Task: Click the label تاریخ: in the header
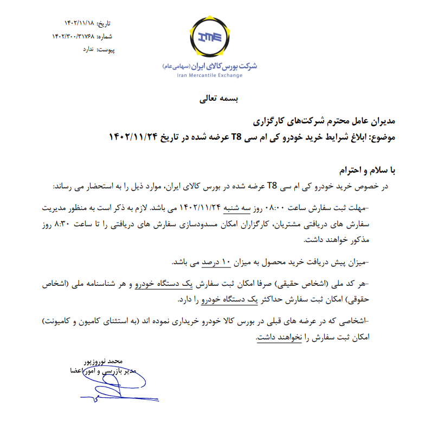(x=104, y=24)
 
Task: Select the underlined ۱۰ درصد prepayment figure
(x=218, y=263)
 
